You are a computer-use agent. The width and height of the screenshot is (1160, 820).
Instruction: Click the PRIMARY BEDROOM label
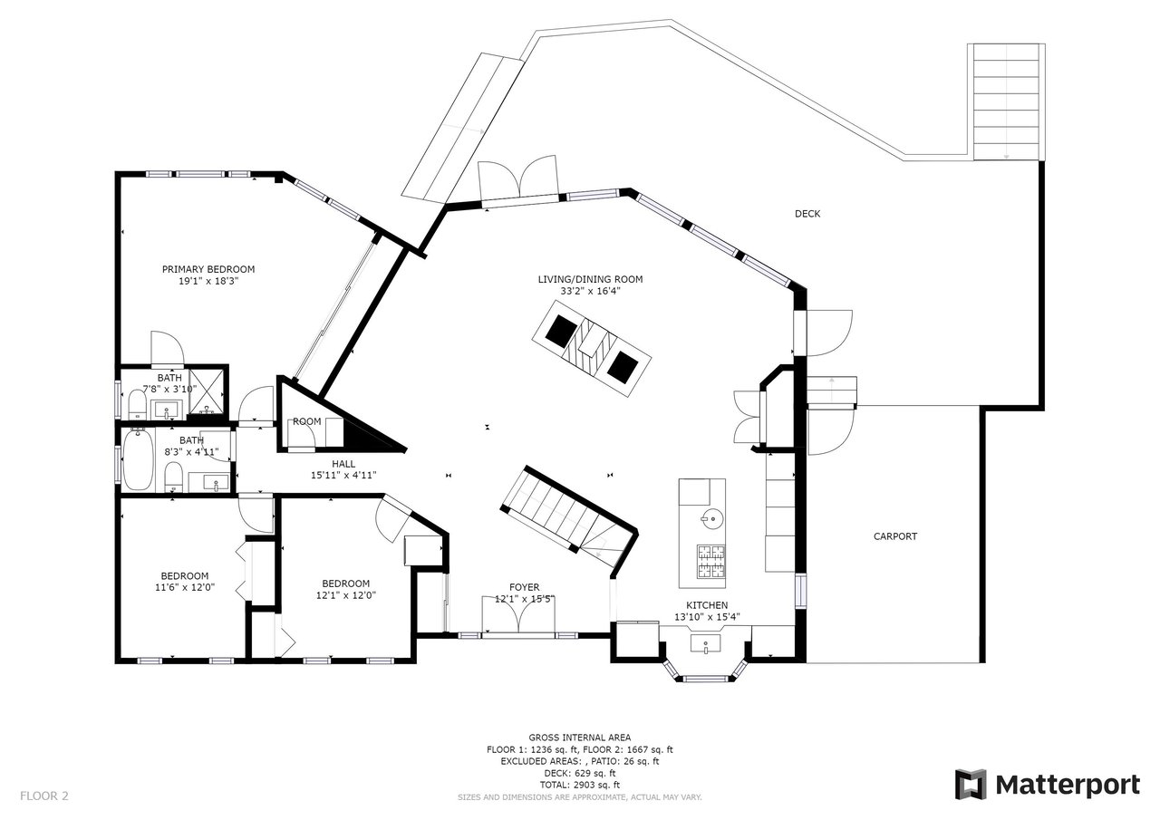[208, 269]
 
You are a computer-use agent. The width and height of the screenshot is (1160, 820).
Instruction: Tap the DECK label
[807, 213]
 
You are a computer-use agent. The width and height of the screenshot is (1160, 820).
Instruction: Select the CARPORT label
[895, 536]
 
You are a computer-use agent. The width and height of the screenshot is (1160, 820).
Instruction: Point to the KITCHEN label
[707, 604]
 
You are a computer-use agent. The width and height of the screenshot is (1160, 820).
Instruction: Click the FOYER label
[524, 587]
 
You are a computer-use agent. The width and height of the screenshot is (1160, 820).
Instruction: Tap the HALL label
[343, 464]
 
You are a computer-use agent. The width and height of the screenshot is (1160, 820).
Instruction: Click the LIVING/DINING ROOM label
[590, 280]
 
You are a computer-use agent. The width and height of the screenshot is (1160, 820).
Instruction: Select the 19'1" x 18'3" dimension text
[208, 281]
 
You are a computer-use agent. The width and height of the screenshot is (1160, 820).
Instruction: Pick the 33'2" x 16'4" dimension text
[590, 291]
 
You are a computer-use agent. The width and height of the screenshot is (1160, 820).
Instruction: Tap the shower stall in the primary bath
[208, 391]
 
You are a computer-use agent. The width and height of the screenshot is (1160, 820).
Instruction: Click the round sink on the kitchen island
[712, 517]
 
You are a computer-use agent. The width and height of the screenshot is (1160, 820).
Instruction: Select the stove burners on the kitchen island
[711, 562]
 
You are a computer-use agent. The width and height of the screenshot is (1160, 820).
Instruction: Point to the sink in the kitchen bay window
[705, 644]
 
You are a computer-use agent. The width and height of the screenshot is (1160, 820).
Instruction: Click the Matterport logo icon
[971, 786]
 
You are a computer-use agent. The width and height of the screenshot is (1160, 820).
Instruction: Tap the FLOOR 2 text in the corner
[44, 796]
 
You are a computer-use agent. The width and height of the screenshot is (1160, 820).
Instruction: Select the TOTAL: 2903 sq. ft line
[579, 786]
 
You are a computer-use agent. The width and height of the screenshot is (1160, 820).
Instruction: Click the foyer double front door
[518, 614]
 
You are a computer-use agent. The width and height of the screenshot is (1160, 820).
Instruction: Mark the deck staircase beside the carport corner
[1006, 102]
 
